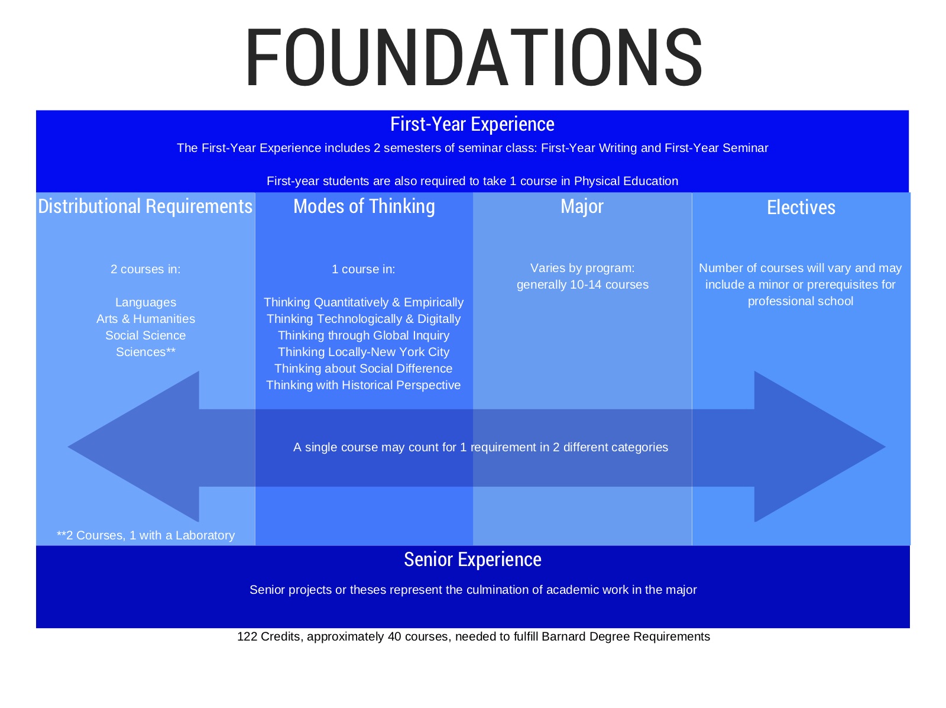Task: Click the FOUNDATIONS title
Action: [473, 57]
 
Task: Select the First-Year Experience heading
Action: [472, 124]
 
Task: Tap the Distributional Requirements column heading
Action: [145, 206]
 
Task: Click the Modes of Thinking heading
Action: [364, 206]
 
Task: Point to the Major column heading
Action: [582, 206]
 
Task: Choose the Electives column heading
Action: [801, 208]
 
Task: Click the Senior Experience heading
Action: [472, 560]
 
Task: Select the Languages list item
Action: [145, 302]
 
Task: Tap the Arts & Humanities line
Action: [145, 319]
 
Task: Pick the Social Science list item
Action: [145, 335]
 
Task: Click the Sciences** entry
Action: [145, 352]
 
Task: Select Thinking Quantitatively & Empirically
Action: [364, 302]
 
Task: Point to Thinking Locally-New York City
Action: [364, 352]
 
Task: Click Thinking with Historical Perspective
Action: [364, 385]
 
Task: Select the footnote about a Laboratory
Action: [145, 535]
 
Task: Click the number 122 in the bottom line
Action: [247, 636]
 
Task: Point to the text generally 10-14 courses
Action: [582, 285]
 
